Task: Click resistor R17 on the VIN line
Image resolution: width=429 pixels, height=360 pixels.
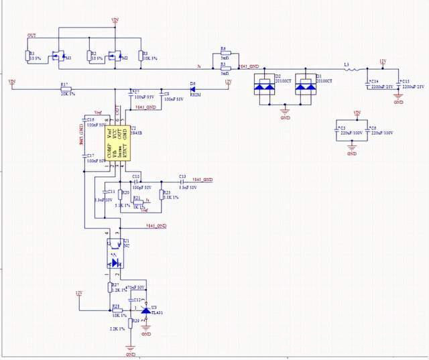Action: coord(64,89)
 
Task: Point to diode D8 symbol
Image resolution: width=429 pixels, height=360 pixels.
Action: coord(192,89)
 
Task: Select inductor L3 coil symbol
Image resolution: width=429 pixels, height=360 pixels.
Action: coord(351,69)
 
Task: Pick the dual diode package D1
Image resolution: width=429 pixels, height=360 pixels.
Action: coord(307,86)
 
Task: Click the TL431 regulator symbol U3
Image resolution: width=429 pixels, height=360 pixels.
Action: coord(145,310)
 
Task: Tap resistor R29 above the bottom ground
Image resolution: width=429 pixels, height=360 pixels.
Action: coord(130,324)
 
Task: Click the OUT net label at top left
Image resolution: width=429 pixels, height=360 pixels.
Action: coord(32,35)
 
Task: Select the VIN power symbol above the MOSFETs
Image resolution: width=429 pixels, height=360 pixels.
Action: coord(115,21)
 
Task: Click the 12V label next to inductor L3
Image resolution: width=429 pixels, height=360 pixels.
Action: coord(383,62)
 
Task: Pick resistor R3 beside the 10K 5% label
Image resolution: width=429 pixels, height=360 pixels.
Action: coord(141,55)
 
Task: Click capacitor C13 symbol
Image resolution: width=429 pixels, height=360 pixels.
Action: coord(182,181)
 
